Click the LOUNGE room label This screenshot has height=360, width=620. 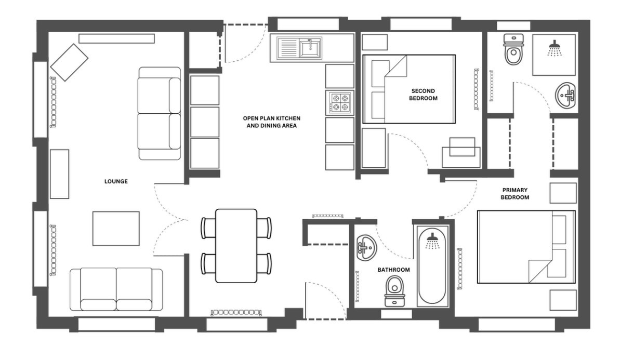pos(116,181)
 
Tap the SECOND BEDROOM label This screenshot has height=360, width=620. pos(423,95)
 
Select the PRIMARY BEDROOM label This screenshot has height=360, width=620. pos(515,194)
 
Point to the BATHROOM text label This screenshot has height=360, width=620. pos(393,270)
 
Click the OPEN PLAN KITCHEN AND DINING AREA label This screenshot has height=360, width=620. pos(272,122)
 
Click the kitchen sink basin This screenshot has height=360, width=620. pos(310,48)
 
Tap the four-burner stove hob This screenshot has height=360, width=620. pos(340,102)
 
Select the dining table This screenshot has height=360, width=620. pos(236,246)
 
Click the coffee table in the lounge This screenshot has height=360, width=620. pos(116,229)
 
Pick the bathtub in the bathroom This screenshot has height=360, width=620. pos(432,266)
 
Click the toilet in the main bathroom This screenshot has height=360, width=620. pos(394,291)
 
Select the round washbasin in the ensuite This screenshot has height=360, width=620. pos(565,95)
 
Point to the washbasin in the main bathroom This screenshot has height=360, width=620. pos(366,248)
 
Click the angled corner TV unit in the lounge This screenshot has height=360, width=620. pos(69,62)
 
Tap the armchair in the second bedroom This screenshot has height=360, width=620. pos(461,152)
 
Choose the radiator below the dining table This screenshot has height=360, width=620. pos(236,312)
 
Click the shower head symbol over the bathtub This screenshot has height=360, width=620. pos(432,241)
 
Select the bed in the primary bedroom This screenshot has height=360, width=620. pos(526,247)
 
